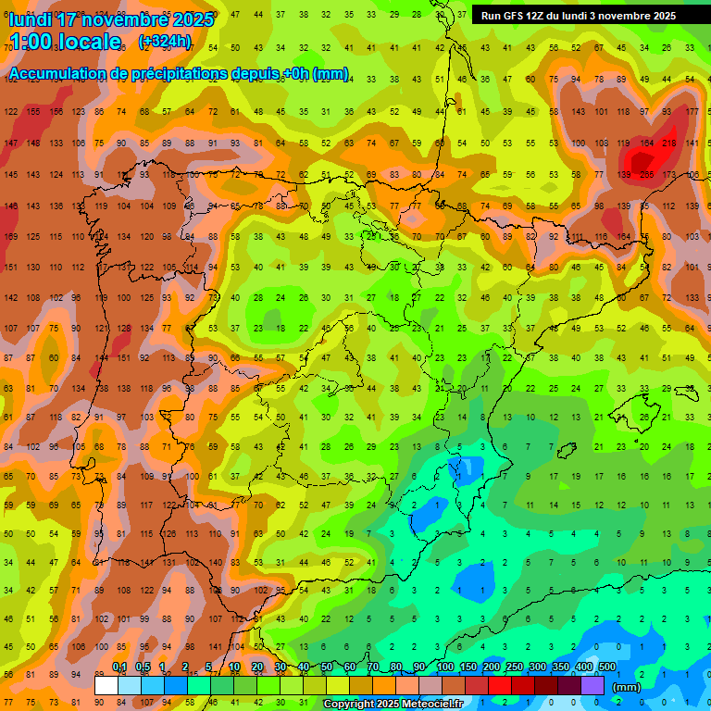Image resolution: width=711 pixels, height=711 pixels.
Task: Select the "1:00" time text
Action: click(31, 42)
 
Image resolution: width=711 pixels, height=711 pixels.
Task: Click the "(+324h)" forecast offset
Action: click(165, 42)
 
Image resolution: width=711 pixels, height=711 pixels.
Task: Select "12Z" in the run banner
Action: click(542, 16)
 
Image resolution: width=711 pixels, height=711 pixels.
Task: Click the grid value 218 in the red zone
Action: click(668, 143)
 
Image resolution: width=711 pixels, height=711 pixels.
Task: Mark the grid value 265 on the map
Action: click(646, 175)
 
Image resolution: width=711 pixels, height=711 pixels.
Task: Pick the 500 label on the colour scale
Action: click(606, 667)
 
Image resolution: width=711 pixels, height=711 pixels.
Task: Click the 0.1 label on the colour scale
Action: click(119, 667)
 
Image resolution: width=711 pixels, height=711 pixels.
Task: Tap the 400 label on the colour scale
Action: click(583, 667)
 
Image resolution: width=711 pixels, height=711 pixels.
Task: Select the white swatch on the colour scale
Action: click(106, 686)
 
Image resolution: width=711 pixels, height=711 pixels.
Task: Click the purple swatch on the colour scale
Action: click(592, 686)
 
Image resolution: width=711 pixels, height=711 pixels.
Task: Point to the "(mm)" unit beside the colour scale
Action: click(627, 687)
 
